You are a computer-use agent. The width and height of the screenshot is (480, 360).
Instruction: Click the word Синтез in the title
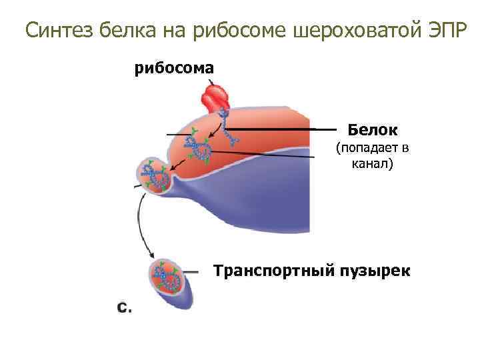[59, 30]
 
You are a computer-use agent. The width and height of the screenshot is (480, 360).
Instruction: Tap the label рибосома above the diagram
[174, 67]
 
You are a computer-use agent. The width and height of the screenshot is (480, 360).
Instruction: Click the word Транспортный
[272, 271]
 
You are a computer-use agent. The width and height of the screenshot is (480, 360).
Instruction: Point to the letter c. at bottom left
[125, 307]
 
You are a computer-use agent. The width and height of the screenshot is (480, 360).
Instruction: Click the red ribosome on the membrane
[216, 97]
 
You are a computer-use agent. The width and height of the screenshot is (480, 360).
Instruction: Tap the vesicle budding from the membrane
[155, 175]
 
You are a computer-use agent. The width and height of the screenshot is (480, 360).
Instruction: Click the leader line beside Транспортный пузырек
[191, 272]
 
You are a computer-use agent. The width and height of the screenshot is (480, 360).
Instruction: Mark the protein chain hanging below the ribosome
[229, 131]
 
